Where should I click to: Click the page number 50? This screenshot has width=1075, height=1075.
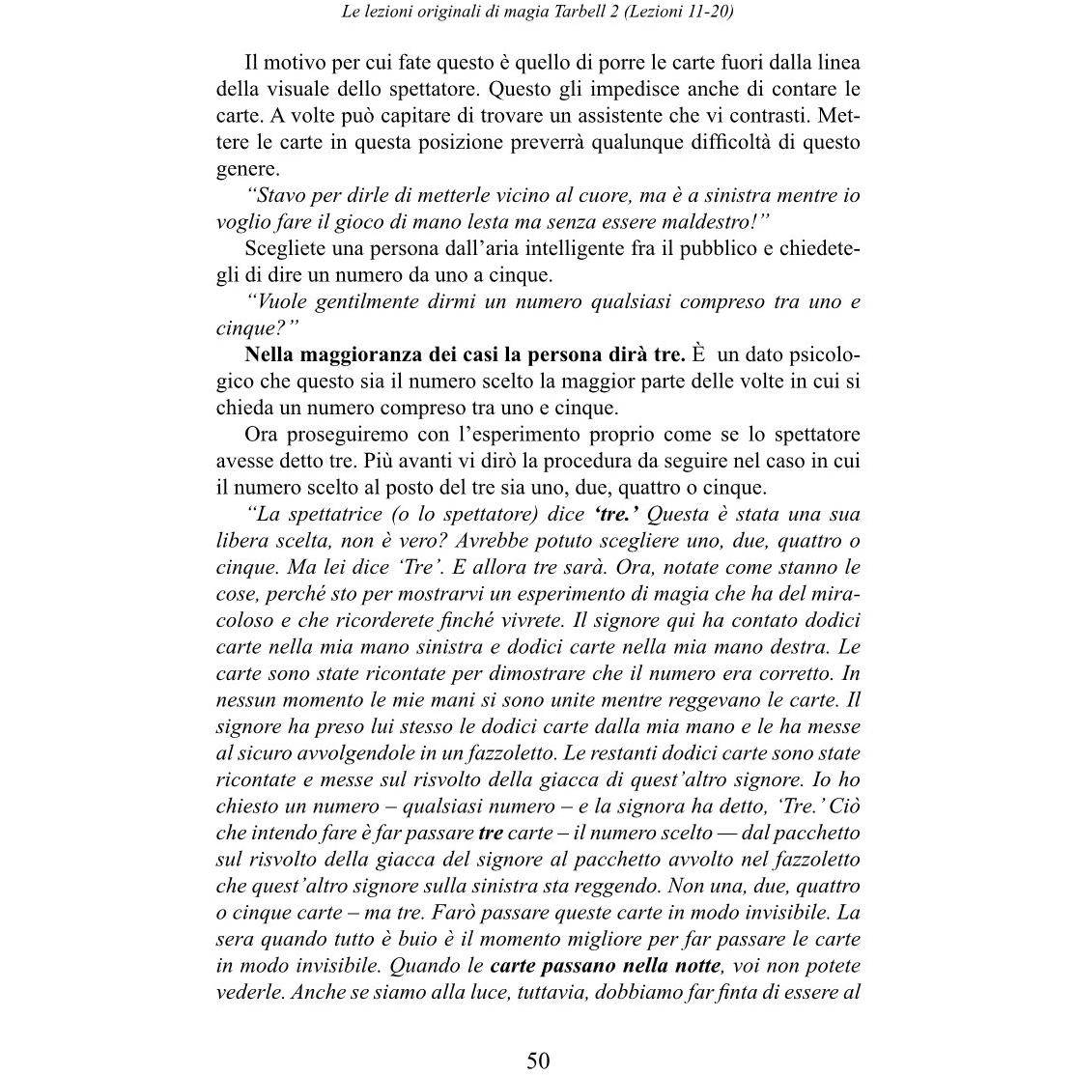(x=538, y=1060)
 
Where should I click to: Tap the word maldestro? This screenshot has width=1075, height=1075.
(x=696, y=221)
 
